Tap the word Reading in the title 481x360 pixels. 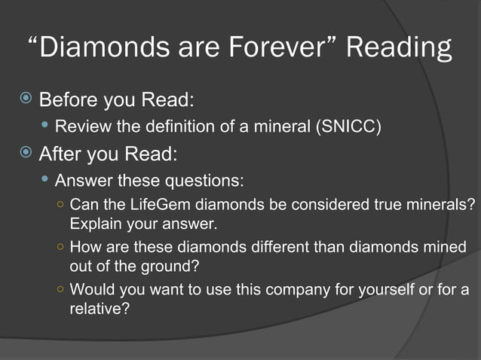[400, 50]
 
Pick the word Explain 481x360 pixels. [95, 224]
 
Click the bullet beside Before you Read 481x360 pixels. [26, 99]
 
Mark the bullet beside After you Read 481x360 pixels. [26, 154]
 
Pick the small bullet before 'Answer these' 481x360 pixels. [47, 181]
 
